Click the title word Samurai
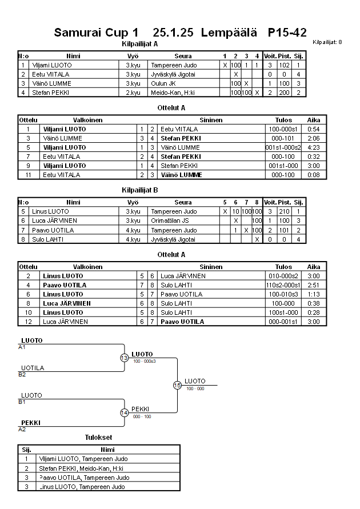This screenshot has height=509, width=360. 78,33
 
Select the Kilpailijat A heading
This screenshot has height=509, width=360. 140,44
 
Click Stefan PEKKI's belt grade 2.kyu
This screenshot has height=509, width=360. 133,93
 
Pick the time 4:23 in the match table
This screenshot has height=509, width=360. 313,147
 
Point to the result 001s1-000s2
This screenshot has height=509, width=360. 283,147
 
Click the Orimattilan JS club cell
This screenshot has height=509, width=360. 170,221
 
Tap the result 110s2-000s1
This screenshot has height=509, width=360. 283,285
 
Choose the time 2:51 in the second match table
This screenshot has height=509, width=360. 313,285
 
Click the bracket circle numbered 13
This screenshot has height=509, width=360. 125,358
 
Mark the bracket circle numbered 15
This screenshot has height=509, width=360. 177,386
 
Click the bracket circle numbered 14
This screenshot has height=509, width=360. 125,412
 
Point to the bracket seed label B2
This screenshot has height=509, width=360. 22,375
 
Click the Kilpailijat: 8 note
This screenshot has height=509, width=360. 327,42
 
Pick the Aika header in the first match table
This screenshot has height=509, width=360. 313,121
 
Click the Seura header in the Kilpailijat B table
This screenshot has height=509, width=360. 183,202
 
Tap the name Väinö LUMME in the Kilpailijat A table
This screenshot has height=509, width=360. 52,83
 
